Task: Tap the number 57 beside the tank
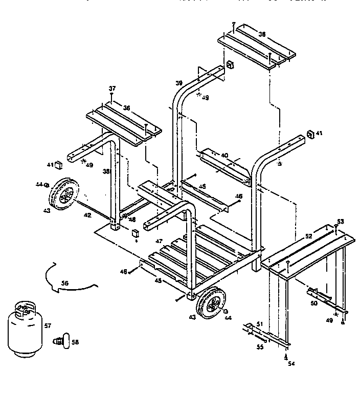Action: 48,325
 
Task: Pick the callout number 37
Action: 112,89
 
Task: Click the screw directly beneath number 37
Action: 112,95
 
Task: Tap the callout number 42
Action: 87,215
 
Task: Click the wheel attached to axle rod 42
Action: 62,193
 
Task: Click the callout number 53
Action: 340,221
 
